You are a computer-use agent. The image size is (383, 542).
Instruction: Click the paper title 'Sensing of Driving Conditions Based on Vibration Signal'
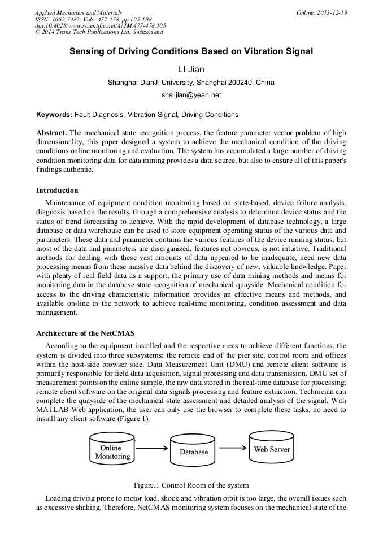point(191,51)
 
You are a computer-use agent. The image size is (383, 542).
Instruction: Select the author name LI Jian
point(191,70)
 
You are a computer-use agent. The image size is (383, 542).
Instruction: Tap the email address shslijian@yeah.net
point(191,95)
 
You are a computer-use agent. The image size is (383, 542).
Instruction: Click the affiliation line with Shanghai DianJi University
point(191,83)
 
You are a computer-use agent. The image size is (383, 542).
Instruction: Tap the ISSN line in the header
point(93,19)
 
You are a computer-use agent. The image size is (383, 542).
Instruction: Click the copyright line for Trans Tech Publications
point(91,33)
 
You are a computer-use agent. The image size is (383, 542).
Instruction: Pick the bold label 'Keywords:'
point(54,115)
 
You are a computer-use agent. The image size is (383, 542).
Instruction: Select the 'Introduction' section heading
point(57,190)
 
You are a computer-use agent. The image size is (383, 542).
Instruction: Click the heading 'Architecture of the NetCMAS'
point(85,333)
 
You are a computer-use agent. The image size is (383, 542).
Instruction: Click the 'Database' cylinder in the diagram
point(194,452)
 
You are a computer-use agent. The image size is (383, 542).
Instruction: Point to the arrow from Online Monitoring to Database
point(153,449)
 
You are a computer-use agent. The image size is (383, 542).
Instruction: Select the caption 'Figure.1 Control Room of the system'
point(191,485)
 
